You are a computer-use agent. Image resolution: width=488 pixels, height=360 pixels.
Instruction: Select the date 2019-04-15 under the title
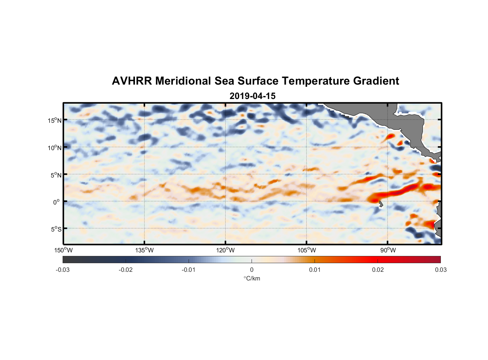tap(252, 96)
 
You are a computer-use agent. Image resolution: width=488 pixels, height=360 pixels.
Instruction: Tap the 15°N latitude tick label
tap(55, 120)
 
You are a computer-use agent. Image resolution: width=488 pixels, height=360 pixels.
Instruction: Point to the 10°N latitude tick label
tap(55, 148)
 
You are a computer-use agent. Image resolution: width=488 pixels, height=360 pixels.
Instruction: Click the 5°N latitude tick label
tap(56, 175)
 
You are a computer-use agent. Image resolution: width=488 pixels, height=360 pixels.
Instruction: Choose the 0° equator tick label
tap(57, 202)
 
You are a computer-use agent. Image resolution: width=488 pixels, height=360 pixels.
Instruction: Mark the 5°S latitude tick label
tap(56, 229)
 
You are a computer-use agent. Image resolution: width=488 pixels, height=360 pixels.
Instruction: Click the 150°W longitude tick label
tap(63, 250)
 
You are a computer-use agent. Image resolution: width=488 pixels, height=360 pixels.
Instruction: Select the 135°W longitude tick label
tap(144, 250)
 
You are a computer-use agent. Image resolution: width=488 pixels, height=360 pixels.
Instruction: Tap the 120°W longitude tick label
tap(225, 250)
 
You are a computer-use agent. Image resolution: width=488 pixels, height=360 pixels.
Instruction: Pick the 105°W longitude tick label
tap(307, 250)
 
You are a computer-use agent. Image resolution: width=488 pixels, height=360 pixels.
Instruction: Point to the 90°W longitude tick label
tap(388, 250)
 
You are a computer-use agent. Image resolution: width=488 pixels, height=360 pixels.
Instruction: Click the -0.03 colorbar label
tap(63, 270)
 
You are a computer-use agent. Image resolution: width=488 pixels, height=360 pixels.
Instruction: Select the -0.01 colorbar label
tap(188, 270)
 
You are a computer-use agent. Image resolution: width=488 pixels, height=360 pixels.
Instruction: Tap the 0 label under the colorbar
tap(252, 270)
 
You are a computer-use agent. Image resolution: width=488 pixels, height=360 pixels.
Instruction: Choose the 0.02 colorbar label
tap(378, 270)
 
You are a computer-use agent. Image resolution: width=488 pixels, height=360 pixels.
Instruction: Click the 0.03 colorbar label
tap(440, 270)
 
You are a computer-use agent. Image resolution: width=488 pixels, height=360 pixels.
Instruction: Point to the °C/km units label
tap(252, 278)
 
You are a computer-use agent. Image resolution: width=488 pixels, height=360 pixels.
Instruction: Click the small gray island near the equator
tap(380, 204)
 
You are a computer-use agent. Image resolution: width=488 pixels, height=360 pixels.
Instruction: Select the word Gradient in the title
tap(376, 81)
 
